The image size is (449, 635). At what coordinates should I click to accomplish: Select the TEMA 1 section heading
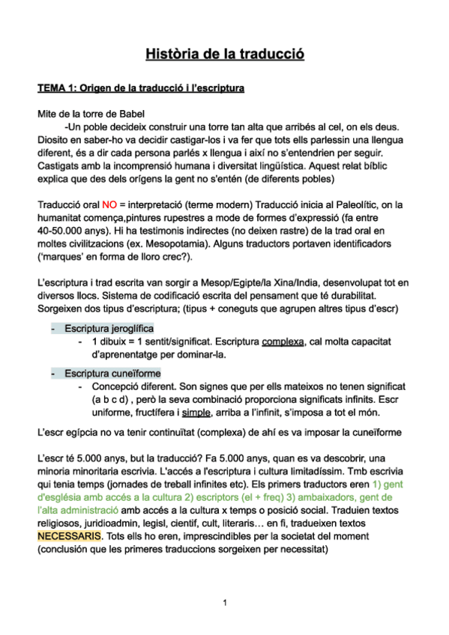pyautogui.click(x=141, y=89)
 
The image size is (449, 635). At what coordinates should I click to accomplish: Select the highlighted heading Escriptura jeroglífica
pyautogui.click(x=109, y=329)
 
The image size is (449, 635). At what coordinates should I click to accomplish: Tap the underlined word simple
pyautogui.click(x=198, y=413)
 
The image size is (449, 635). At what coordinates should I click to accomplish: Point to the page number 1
pyautogui.click(x=224, y=602)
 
